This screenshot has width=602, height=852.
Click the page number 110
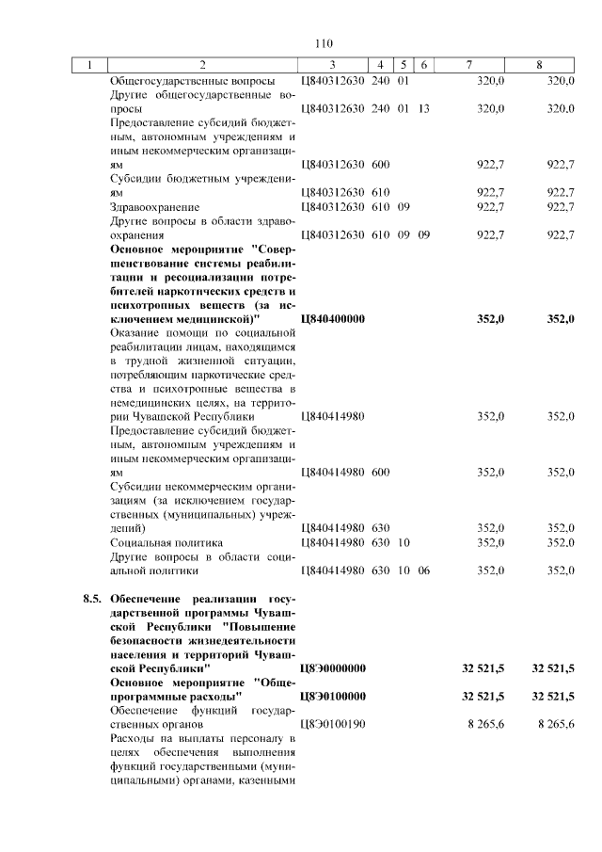coord(325,43)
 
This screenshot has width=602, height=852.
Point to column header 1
coord(90,65)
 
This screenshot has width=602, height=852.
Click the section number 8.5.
coord(92,599)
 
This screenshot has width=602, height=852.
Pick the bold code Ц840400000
coord(332,319)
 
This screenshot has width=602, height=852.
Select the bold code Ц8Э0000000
coord(332,667)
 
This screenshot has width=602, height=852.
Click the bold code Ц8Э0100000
coord(332,696)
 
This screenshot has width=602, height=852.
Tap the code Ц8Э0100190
coord(332,724)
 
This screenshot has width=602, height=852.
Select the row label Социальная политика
coord(166,542)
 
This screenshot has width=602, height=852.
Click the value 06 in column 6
coord(423,571)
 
